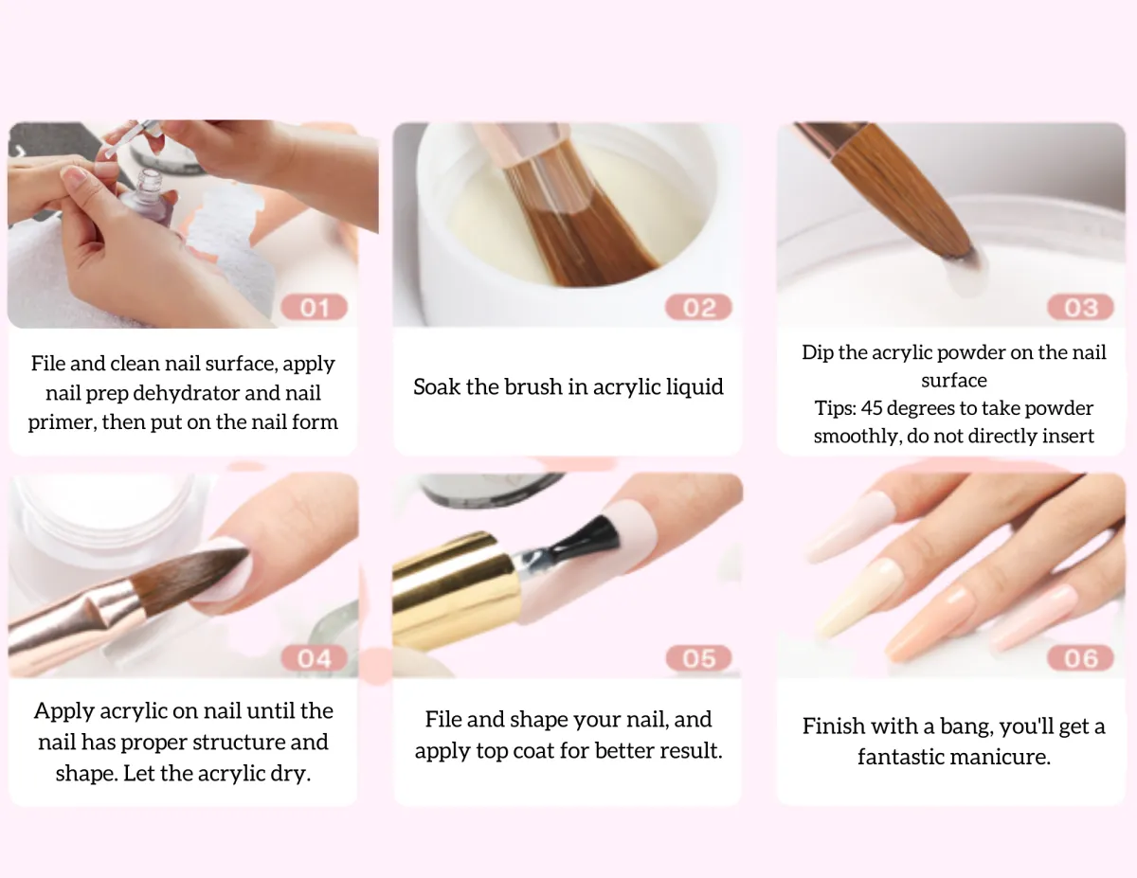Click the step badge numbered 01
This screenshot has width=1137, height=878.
click(x=314, y=307)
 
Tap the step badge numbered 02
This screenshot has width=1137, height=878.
click(x=698, y=307)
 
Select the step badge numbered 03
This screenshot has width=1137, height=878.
click(x=1080, y=307)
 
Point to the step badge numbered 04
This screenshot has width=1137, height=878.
click(x=314, y=658)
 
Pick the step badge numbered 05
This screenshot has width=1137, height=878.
click(x=698, y=658)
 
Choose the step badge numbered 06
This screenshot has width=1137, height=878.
click(x=1080, y=658)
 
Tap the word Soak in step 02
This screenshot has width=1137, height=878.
click(x=437, y=387)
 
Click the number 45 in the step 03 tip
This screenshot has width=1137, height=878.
click(x=872, y=408)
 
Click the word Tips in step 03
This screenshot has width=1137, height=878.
click(x=835, y=408)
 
